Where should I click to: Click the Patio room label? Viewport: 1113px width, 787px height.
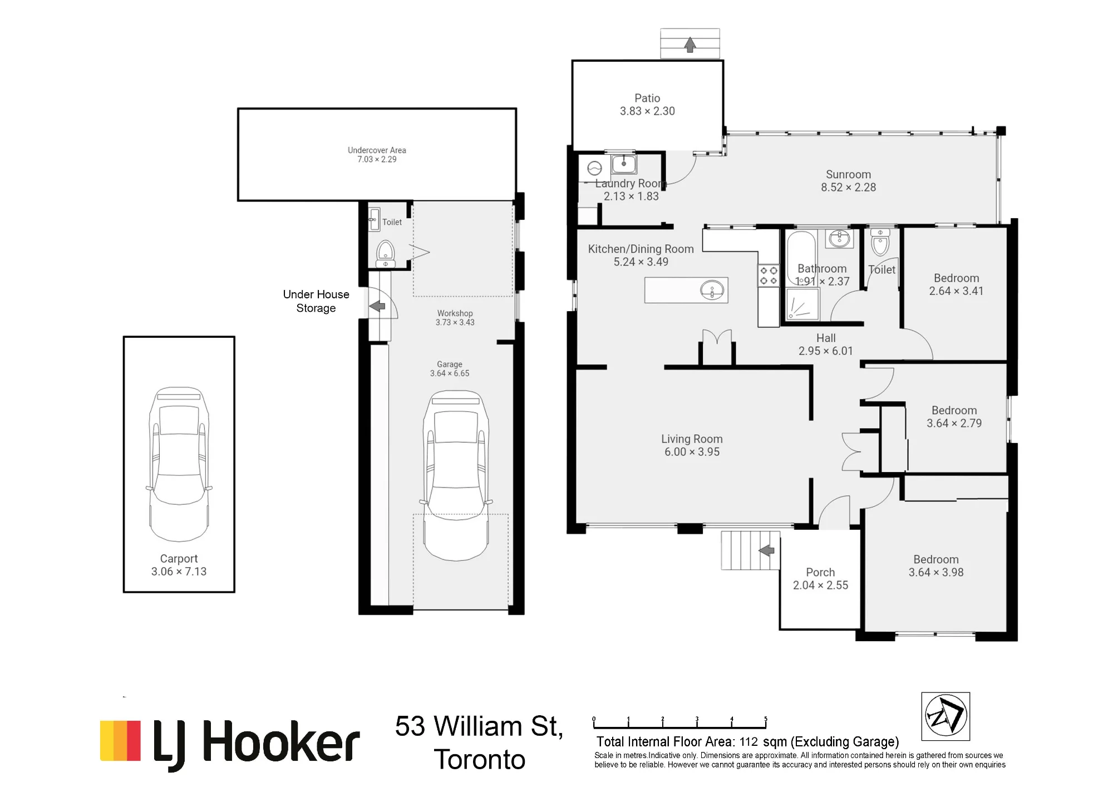(647, 98)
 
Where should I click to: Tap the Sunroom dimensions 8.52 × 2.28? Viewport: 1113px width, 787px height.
(848, 188)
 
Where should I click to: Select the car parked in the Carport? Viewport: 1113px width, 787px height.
(179, 464)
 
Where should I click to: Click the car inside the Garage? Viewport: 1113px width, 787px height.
(456, 475)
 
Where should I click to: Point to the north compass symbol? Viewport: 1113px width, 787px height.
(945, 716)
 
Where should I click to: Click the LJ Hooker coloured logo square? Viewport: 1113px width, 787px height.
(120, 741)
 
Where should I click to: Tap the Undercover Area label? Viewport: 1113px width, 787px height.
(377, 150)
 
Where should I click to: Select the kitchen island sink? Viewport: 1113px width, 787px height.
(712, 290)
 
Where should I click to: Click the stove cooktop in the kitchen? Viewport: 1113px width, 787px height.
(769, 276)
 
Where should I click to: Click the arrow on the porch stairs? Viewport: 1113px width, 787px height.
(767, 550)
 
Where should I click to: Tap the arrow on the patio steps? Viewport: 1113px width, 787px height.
(690, 45)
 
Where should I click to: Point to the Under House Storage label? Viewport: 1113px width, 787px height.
(316, 301)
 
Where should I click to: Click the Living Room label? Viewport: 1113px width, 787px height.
(692, 439)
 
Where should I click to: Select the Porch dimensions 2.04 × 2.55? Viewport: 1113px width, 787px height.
(820, 586)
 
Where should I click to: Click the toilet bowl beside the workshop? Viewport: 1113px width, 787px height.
(386, 254)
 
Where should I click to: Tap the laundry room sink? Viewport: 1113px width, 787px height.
(624, 164)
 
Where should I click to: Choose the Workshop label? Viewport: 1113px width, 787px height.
(455, 313)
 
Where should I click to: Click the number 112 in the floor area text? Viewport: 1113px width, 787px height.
(748, 742)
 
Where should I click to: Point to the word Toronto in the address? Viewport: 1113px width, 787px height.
(480, 760)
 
